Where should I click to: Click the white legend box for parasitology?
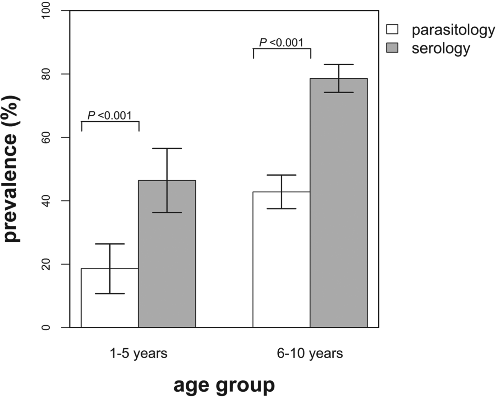(392, 29)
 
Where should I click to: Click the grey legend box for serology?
(392, 48)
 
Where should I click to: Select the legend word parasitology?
(453, 30)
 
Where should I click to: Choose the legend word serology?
(441, 49)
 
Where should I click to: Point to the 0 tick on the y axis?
(46, 327)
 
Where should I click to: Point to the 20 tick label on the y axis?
(46, 264)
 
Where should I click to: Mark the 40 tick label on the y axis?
(46, 201)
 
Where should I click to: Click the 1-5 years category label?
(138, 353)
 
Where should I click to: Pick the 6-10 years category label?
(310, 353)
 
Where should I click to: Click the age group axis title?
(224, 385)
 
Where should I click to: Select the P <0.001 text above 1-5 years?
(109, 116)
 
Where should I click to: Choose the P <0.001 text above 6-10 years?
(281, 43)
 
